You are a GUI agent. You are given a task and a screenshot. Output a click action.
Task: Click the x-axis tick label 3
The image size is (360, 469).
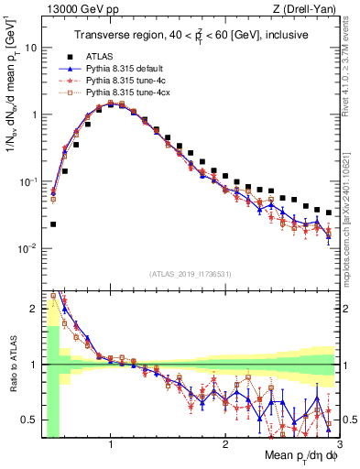(338, 445)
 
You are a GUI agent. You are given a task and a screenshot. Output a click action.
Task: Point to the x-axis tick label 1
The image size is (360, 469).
(111, 445)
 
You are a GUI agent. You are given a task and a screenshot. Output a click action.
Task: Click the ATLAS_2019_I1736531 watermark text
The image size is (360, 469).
(190, 273)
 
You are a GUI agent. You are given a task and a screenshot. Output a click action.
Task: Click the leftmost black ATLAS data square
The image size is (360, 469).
(53, 224)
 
